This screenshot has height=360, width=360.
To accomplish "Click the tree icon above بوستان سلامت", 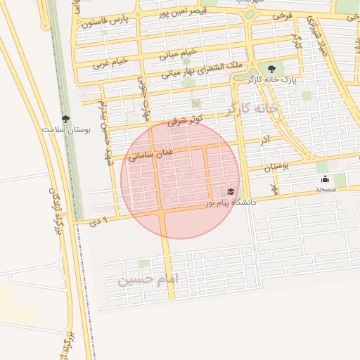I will (65, 120).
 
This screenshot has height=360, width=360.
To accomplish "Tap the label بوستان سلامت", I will (63, 130).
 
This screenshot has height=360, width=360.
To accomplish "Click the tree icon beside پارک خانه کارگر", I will (271, 69).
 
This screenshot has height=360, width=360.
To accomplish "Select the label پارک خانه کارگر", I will (271, 79).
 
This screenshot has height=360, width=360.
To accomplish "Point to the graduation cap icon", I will (231, 192).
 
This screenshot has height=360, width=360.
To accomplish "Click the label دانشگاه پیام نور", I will (231, 202).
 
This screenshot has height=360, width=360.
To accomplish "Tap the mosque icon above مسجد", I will (325, 179).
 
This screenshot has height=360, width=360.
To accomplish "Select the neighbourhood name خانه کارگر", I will (253, 110).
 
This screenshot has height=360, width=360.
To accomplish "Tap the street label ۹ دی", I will (100, 221).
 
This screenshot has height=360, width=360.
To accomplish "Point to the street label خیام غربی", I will (110, 63).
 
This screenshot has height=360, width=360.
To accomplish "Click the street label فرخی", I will (281, 15).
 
